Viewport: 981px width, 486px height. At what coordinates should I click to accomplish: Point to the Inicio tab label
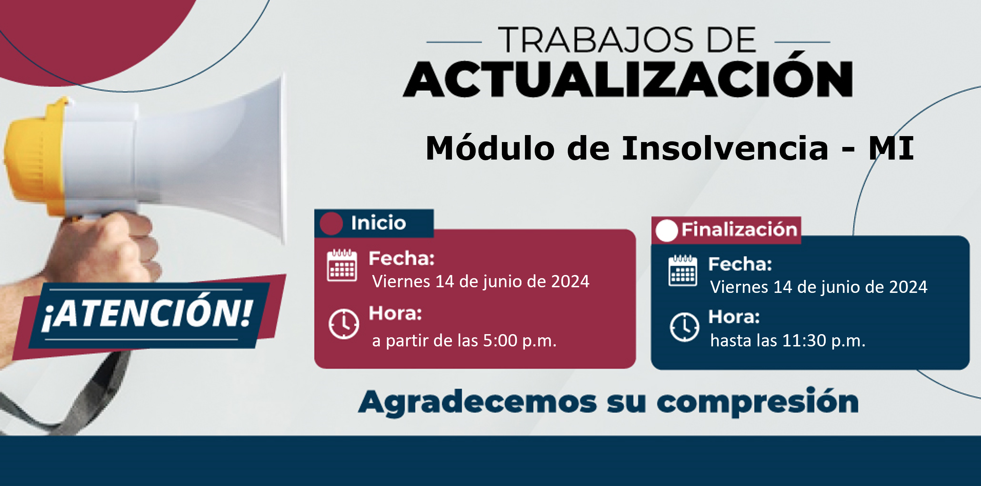(x=378, y=223)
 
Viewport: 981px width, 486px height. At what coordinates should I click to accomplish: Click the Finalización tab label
(x=739, y=230)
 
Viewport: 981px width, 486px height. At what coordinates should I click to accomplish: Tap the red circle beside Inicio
(x=331, y=224)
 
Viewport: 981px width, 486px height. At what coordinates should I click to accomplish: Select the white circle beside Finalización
(x=667, y=231)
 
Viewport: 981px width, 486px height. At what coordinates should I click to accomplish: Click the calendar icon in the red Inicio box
(x=342, y=265)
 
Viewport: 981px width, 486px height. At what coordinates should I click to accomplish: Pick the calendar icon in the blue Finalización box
(x=683, y=270)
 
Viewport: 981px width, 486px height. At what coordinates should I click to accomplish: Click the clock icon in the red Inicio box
(x=343, y=324)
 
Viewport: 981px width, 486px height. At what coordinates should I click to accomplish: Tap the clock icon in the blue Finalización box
(x=684, y=327)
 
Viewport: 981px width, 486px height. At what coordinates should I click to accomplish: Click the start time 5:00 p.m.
(x=519, y=341)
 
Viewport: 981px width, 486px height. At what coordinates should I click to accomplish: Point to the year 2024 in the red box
(x=570, y=281)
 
